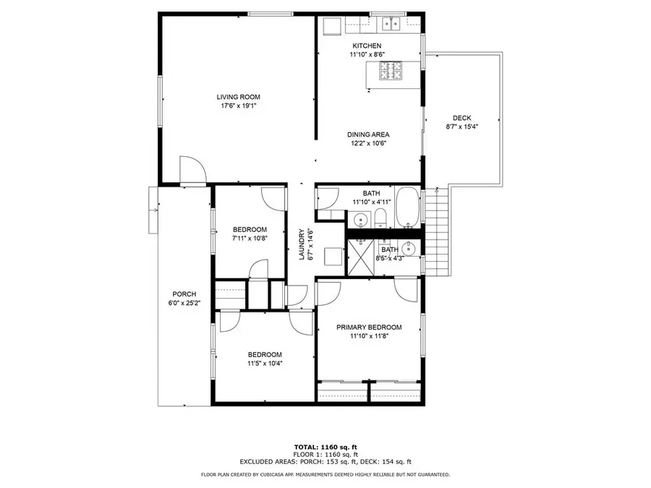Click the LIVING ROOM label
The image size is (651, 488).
[238, 97]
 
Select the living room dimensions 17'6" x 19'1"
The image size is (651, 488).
[238, 106]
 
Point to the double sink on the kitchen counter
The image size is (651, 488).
[391, 25]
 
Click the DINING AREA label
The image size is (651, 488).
[369, 134]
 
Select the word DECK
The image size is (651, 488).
[462, 118]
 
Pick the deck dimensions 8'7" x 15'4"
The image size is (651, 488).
[462, 127]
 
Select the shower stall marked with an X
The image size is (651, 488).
[361, 256]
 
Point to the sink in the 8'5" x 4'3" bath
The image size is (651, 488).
[410, 249]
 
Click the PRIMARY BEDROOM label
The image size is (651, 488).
[369, 327]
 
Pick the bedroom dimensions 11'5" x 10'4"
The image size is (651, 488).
[265, 363]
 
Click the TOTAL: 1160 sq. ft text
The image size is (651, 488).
[325, 448]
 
